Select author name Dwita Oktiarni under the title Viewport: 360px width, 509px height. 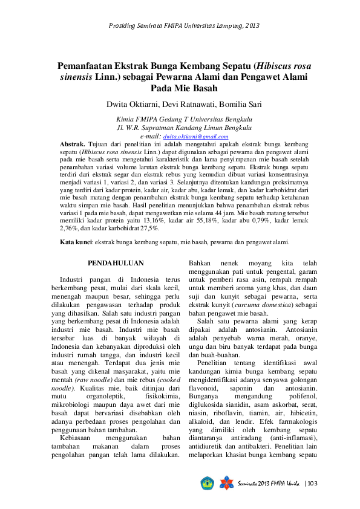(131, 102)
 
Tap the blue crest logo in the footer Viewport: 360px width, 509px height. (207, 483)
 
